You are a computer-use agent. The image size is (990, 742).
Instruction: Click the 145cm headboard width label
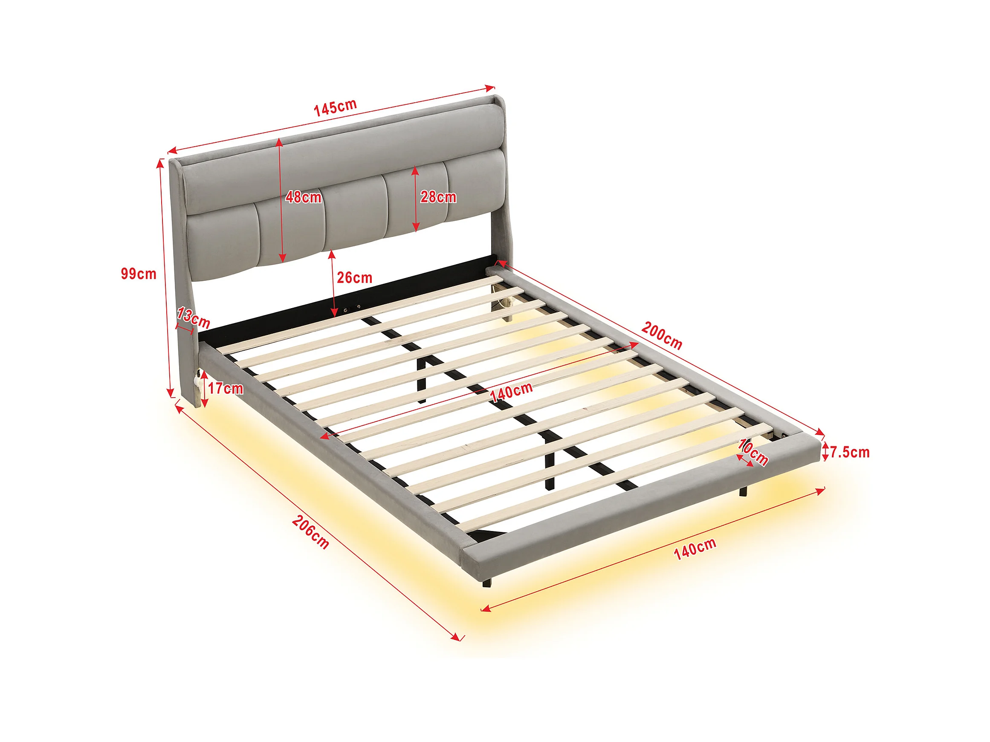[335, 108]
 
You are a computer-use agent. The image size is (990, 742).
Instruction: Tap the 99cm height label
[139, 274]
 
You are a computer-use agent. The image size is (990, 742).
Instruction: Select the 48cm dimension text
[304, 197]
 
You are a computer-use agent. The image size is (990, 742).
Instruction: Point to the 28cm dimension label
[438, 197]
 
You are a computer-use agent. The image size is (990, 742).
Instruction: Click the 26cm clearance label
[354, 278]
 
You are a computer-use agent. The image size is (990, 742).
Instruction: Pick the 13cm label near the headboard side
[193, 318]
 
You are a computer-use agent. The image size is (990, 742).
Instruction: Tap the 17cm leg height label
[226, 389]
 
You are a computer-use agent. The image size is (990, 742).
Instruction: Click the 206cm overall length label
[311, 532]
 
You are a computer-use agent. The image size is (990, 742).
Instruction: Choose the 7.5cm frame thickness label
[850, 453]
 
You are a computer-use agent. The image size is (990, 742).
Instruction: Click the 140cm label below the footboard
[695, 549]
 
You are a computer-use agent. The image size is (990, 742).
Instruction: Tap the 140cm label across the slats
[512, 392]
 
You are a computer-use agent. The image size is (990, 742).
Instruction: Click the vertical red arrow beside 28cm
[416, 199]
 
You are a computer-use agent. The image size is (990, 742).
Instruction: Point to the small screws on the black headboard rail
[352, 308]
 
